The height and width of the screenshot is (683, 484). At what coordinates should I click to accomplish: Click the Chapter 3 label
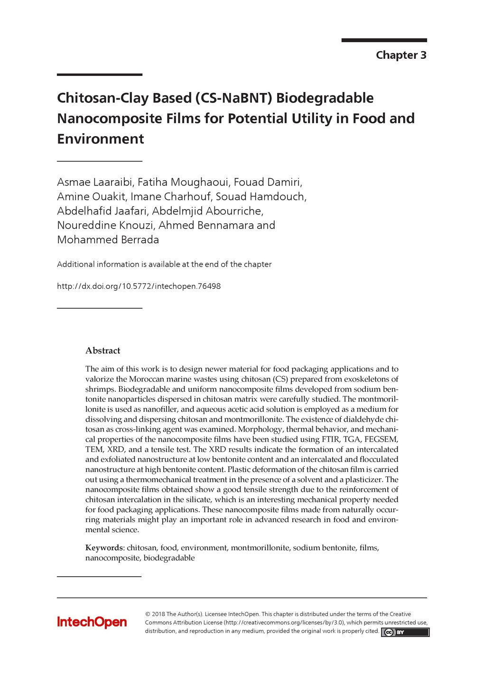(x=401, y=55)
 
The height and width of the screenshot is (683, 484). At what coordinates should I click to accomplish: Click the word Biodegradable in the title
(x=325, y=98)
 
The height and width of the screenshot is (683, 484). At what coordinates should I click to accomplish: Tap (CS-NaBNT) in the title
(x=233, y=98)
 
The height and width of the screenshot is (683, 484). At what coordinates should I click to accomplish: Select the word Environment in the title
(x=100, y=138)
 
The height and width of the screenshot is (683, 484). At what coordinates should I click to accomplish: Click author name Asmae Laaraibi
(x=95, y=182)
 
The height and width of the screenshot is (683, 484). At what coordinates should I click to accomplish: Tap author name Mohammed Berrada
(x=108, y=240)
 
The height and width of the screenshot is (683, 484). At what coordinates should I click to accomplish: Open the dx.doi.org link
(x=139, y=286)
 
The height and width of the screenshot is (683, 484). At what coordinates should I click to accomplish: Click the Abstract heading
(x=102, y=351)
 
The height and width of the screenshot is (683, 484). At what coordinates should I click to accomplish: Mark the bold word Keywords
(x=103, y=548)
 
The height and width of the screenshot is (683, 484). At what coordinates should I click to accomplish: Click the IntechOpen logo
(x=92, y=622)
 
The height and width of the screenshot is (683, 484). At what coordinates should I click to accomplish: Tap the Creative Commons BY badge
(x=405, y=632)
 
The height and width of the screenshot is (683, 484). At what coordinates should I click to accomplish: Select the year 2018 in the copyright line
(x=158, y=614)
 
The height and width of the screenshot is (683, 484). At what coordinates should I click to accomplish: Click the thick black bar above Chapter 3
(x=384, y=40)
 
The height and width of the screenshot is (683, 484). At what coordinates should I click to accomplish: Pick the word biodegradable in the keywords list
(x=169, y=558)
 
